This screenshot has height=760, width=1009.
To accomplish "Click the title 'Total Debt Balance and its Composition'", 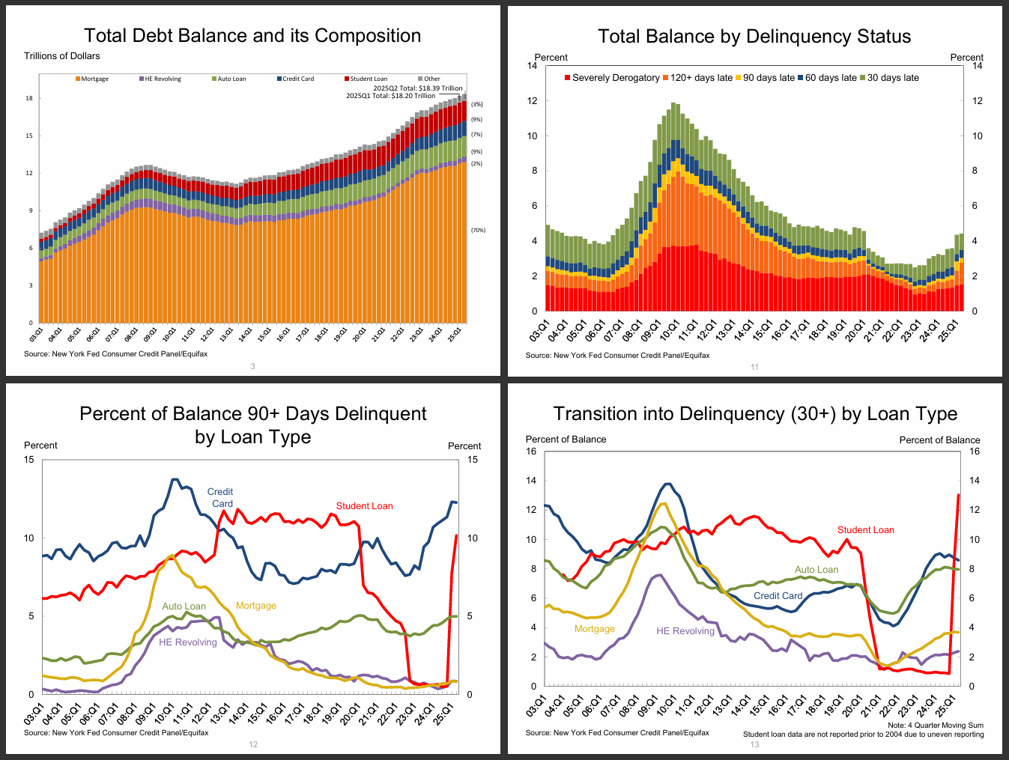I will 252,35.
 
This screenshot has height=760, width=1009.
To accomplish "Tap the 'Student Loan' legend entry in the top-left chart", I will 369,79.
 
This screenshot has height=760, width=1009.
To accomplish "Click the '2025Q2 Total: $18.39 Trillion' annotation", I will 418,88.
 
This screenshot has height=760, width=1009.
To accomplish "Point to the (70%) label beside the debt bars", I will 478,230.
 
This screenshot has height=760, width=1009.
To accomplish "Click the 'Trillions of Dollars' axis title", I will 61,56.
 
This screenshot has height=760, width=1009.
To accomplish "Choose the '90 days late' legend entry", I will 769,78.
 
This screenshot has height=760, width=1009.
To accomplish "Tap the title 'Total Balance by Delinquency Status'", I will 754,36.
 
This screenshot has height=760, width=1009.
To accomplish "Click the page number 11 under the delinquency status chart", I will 754,367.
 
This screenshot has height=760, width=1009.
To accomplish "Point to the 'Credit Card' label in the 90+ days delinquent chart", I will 221,498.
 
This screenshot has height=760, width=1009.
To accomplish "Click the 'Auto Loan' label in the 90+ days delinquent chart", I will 184,607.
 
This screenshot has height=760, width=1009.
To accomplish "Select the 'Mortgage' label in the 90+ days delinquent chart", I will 256,606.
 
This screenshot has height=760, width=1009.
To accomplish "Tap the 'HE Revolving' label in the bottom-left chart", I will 187,642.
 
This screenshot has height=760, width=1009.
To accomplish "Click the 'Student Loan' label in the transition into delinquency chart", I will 865,530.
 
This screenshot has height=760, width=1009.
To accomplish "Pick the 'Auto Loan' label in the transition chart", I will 816,570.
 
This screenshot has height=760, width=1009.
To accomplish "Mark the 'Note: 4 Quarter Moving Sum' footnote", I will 936,725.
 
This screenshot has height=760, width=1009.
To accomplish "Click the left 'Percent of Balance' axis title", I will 566,440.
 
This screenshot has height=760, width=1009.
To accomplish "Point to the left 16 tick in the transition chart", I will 531,452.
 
